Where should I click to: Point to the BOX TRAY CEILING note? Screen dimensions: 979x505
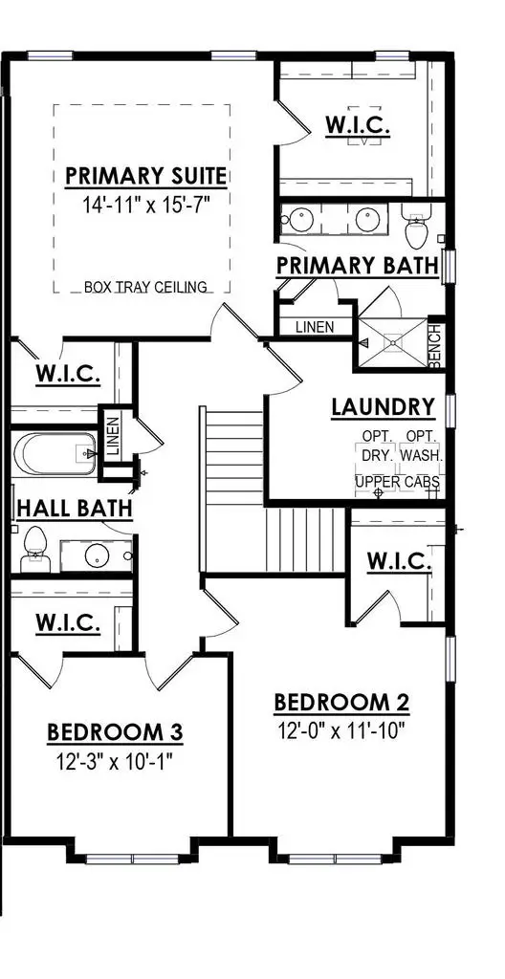click(x=145, y=287)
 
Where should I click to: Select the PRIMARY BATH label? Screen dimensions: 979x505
click(x=357, y=265)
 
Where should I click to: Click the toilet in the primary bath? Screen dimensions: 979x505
click(x=417, y=229)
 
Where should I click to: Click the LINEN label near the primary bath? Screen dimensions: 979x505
click(x=315, y=327)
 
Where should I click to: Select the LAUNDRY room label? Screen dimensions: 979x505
click(x=383, y=407)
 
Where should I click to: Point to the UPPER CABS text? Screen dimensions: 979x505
click(x=397, y=482)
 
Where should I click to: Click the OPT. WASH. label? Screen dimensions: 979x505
click(x=421, y=446)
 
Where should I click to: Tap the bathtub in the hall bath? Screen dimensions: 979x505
click(x=53, y=455)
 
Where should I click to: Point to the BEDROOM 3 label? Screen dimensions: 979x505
click(x=115, y=733)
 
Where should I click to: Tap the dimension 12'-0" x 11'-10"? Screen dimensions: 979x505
click(x=341, y=732)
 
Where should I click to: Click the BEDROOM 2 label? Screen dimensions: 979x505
click(x=341, y=704)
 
